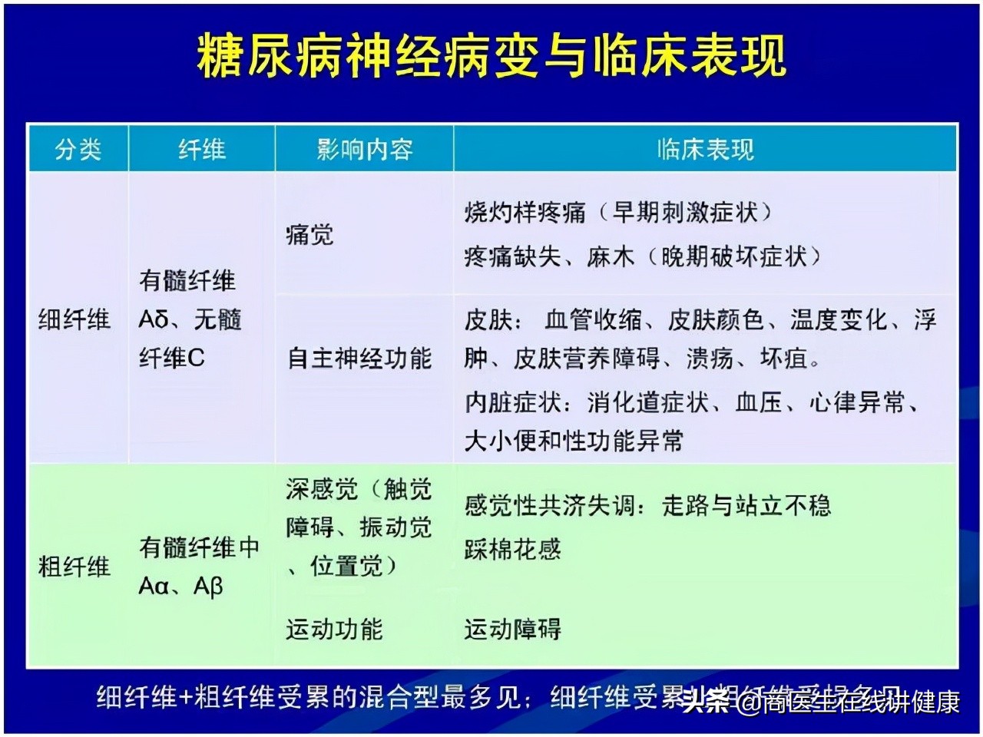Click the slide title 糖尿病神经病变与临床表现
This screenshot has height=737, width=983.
pos(491,55)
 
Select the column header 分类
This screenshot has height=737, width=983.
pos(78,149)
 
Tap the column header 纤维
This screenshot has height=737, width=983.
pos(201,149)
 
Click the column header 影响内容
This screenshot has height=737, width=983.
pos(364,149)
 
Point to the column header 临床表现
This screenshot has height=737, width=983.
pos(704,149)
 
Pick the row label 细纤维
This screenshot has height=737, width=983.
pos(74,319)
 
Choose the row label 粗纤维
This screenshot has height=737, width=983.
pos(74,567)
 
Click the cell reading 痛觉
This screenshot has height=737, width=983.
pos(309,234)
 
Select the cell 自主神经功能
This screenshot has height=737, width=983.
pos(359,358)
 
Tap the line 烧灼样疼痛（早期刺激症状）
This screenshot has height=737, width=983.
pos(618,212)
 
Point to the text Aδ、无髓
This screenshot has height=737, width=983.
pos(190,319)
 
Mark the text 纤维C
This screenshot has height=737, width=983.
pos(172,358)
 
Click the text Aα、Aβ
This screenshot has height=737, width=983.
pos(180,587)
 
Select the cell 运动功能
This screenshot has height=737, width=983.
pos(334,630)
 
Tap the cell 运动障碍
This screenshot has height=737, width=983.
pos(512,630)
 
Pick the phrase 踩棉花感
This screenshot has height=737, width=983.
pos(512,549)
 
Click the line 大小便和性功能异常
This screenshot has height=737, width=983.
pos(574,441)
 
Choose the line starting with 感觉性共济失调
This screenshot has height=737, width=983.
pos(647,505)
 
